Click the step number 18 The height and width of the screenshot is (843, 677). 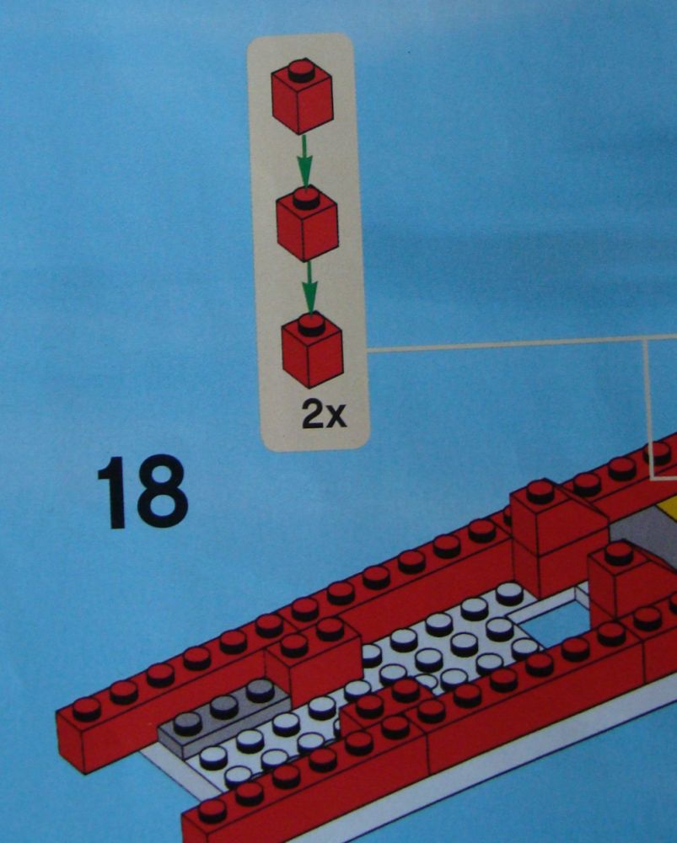coord(142,491)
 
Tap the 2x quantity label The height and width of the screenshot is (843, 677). coord(325,413)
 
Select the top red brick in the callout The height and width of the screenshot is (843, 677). coord(302,96)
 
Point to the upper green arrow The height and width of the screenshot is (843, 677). coord(304,161)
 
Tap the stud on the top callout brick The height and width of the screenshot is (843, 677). coord(302,72)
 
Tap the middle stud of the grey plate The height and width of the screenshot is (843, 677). coord(224,706)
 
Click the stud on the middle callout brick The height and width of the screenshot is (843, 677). coord(307,199)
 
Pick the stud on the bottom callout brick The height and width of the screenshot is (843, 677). coord(312,325)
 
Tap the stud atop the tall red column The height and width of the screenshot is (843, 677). coord(541,491)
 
